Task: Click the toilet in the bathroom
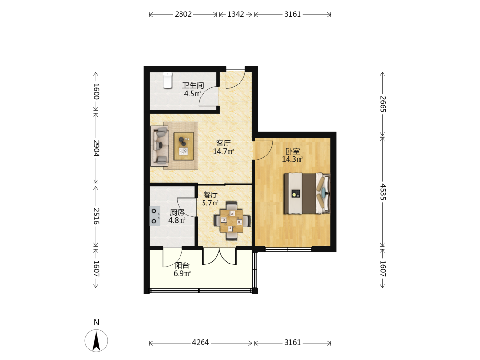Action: pyautogui.click(x=168, y=80)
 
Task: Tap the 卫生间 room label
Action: pyautogui.click(x=193, y=85)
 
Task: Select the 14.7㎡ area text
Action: pyautogui.click(x=224, y=151)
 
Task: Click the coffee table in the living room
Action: pyautogui.click(x=184, y=146)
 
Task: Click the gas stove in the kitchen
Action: pyautogui.click(x=155, y=216)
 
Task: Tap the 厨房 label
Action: pyautogui.click(x=177, y=212)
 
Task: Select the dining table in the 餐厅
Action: pyautogui.click(x=232, y=221)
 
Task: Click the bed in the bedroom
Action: pyautogui.click(x=307, y=193)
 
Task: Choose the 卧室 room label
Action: pyautogui.click(x=292, y=151)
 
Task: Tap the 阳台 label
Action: pyautogui.click(x=182, y=265)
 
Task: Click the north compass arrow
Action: pyautogui.click(x=96, y=340)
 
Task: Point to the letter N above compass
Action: pyautogui.click(x=96, y=323)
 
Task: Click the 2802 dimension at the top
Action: pyautogui.click(x=183, y=14)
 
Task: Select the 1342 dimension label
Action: pyautogui.click(x=236, y=14)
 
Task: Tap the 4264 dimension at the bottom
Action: pyautogui.click(x=201, y=343)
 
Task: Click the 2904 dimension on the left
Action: pyautogui.click(x=96, y=148)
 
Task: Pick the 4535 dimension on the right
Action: pyautogui.click(x=383, y=192)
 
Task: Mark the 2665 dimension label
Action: pyautogui.click(x=383, y=104)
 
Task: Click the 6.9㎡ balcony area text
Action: pyautogui.click(x=182, y=274)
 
